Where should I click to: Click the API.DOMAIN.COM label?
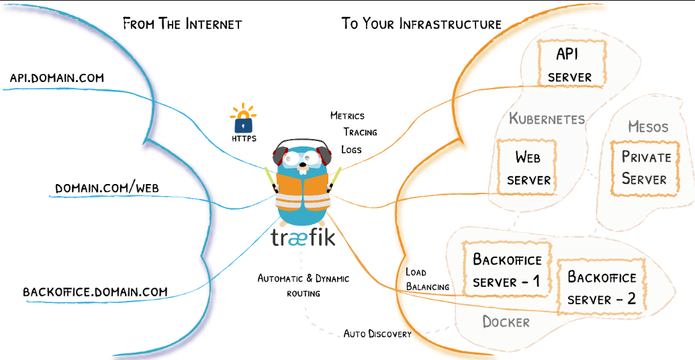57,78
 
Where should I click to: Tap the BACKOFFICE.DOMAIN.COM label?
95,291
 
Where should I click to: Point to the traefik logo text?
302,238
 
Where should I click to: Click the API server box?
569,64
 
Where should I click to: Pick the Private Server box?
644,168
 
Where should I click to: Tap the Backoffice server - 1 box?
507,271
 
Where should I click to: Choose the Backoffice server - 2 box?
602,287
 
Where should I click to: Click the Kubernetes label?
547,119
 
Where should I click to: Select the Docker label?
506,322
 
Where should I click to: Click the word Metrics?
347,116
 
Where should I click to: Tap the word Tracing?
360,132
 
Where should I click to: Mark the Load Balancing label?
428,279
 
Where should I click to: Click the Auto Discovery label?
377,333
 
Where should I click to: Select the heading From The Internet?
182,24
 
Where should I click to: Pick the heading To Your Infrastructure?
422,24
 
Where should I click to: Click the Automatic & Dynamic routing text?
304,285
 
